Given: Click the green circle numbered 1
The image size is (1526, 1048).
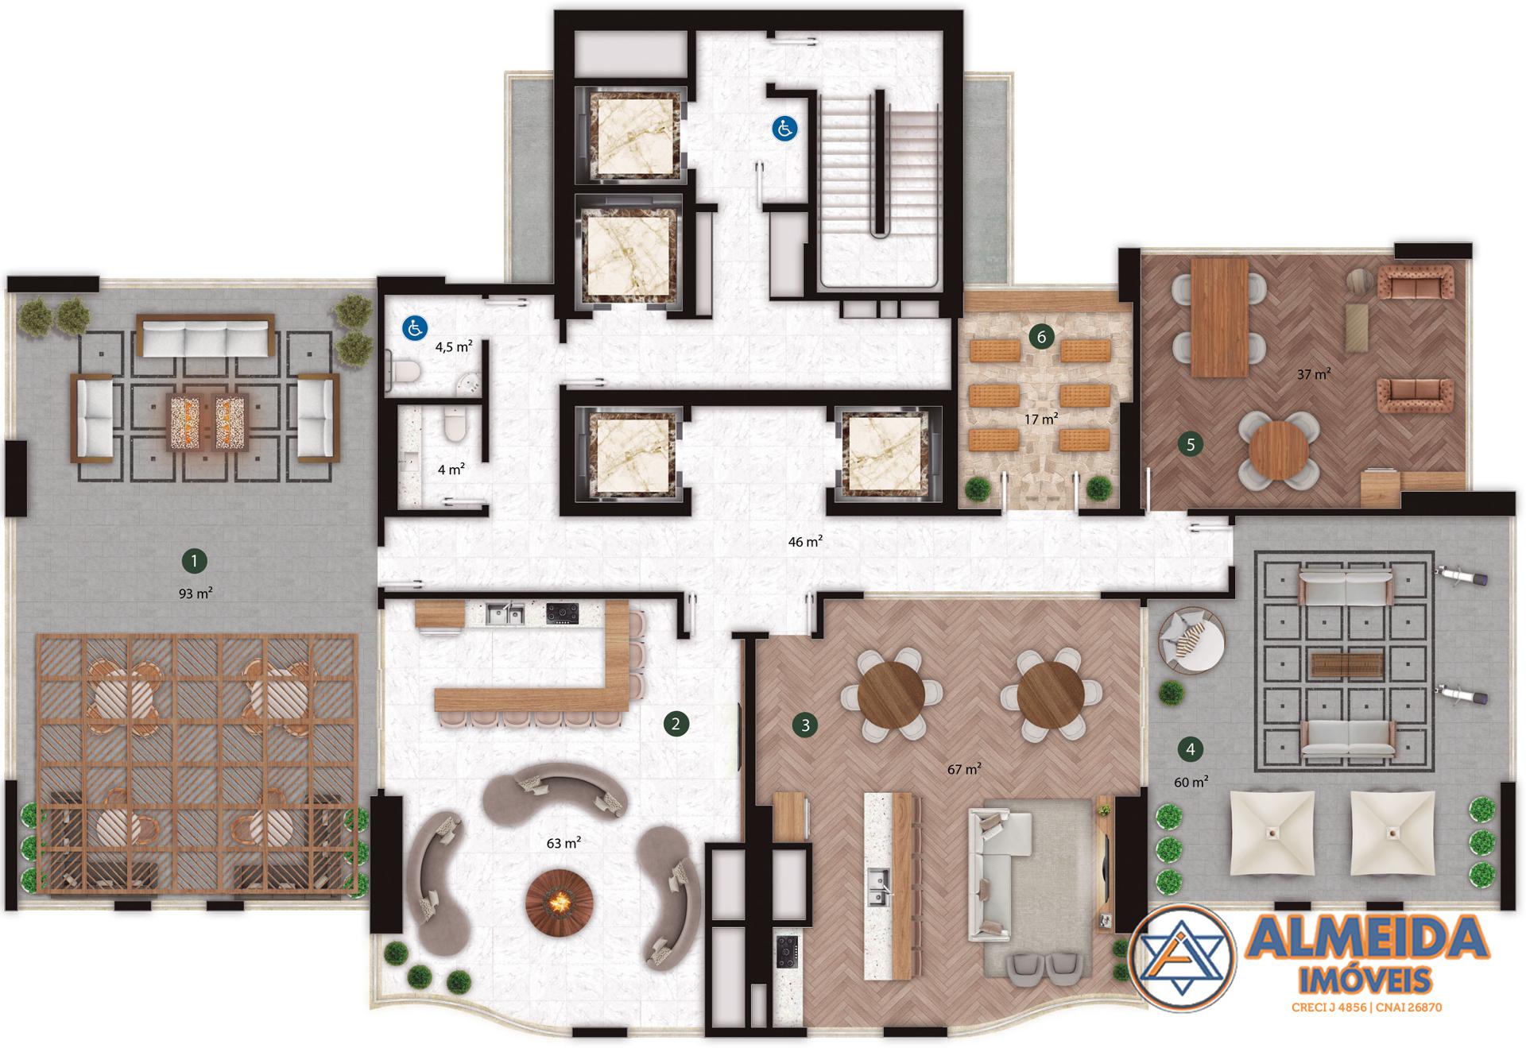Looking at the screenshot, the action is (195, 561).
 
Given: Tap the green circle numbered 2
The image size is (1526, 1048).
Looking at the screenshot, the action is (676, 723).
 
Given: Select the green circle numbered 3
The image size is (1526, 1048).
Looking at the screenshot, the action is (805, 725).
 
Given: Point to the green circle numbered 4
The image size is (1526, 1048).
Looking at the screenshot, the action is (1190, 748).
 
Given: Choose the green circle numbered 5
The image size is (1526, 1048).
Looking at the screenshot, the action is (1191, 445).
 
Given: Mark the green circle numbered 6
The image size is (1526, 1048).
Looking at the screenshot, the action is (1042, 337).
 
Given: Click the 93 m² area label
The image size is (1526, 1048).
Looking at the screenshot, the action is (196, 593).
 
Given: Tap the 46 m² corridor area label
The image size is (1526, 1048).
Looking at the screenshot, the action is (805, 542).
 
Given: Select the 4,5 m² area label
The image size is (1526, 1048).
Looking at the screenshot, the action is (454, 346).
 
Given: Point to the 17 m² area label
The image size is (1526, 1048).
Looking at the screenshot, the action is (1041, 418).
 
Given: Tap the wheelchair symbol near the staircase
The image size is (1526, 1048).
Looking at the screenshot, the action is (785, 128).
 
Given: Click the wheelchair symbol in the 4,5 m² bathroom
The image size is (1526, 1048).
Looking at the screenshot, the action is (415, 327).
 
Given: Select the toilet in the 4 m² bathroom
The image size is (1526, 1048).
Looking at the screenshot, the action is (454, 424).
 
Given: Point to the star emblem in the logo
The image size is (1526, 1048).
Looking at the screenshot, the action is (1184, 957).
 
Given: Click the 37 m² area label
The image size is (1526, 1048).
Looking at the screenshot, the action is (1314, 373).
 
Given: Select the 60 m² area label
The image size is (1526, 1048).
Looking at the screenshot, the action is (1191, 782).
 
